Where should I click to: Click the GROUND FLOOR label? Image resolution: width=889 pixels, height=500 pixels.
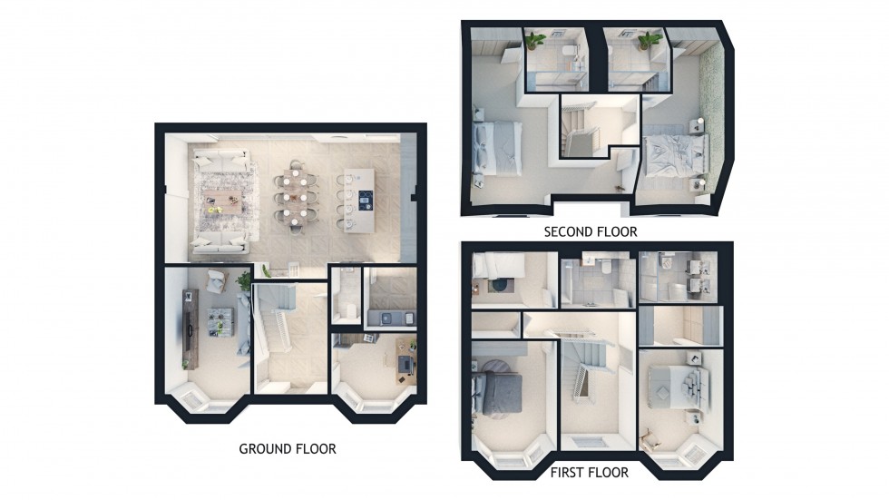point(287,448)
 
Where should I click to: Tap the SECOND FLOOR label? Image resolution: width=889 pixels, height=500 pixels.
point(590,231)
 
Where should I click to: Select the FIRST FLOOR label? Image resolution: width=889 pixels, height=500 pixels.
point(586,473)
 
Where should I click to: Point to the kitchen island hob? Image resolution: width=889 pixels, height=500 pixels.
point(365,198)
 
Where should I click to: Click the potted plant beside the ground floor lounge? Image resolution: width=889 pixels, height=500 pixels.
point(243,281)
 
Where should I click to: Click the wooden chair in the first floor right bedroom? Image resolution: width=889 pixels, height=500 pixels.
point(650,437)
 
